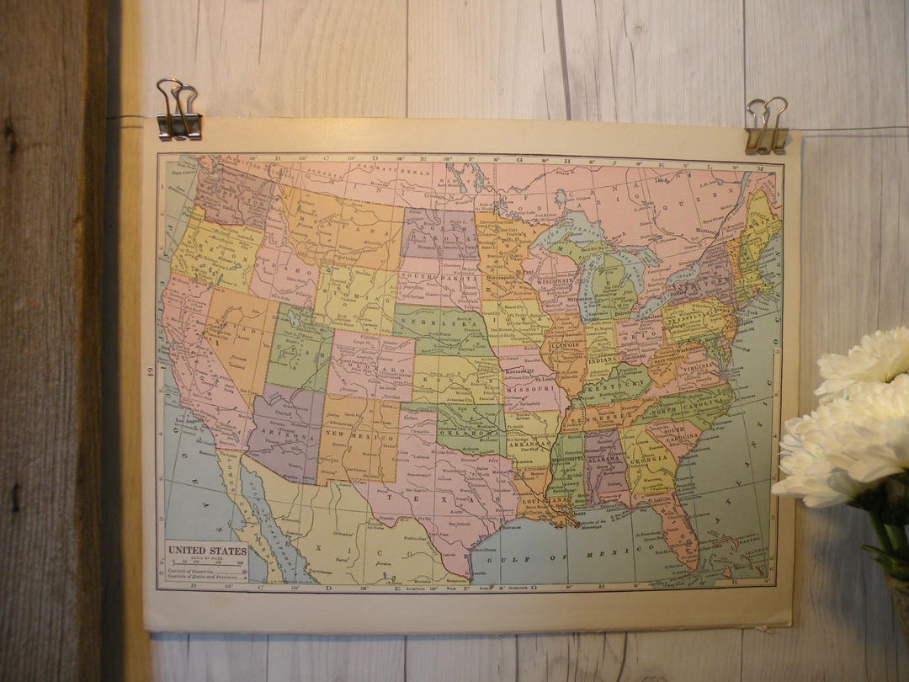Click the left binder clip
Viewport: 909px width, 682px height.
coord(178,110)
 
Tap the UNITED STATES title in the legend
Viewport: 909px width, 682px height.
coord(207,551)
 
